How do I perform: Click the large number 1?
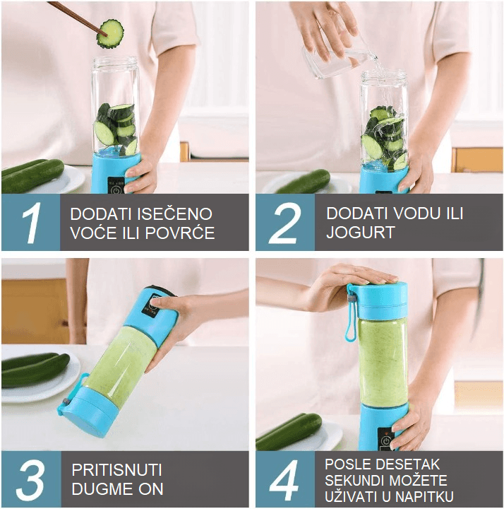click(30, 223)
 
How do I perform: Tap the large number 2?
click(285, 223)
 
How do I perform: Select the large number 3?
click(30, 480)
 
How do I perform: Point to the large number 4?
click(284, 480)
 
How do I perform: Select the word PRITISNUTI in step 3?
click(116, 470)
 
